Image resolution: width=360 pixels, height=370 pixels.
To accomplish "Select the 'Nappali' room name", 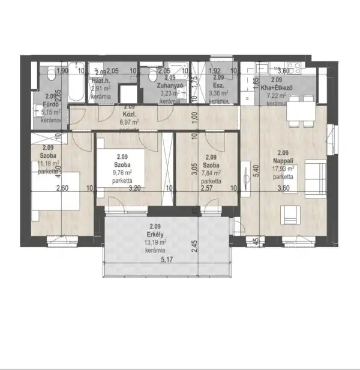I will coord(283,161).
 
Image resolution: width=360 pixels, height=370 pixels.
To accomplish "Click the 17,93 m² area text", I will coord(282,169).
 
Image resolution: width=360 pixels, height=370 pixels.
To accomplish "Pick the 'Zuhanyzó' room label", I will coord(170,86).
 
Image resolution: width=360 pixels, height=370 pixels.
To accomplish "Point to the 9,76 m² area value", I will coord(122,172).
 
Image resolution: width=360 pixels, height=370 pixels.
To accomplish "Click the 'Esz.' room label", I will coord(217,85).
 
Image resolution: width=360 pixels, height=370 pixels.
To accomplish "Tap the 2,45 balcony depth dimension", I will coord(194,244).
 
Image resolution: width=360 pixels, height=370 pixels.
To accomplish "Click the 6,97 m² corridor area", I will coord(130,122).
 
